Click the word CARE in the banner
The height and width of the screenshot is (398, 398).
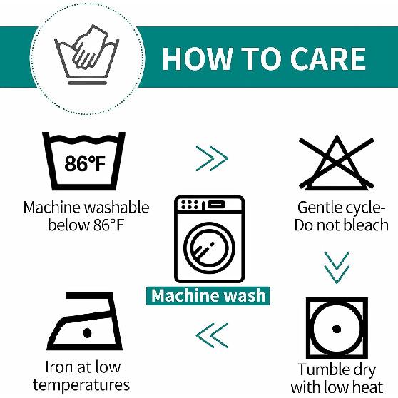coord(327,58)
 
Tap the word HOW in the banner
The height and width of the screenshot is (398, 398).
coord(198,58)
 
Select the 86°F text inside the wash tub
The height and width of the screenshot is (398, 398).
coord(85,163)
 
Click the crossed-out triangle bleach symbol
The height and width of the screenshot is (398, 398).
coord(337,163)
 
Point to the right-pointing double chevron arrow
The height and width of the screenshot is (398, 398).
coord(212,158)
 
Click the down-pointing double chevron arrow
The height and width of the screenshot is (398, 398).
coord(337,267)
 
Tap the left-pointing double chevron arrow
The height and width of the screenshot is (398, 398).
coord(212,335)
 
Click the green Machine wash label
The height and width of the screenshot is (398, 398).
coord(208,296)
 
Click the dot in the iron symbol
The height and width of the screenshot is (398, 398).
coord(87,332)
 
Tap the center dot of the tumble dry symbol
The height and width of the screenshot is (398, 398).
coord(337,329)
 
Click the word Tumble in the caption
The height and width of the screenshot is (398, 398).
coord(320,369)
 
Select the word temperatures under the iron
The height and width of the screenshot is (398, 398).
coord(81,385)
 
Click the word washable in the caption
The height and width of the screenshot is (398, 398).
coord(116,208)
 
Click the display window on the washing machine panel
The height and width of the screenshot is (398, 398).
coord(216,204)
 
